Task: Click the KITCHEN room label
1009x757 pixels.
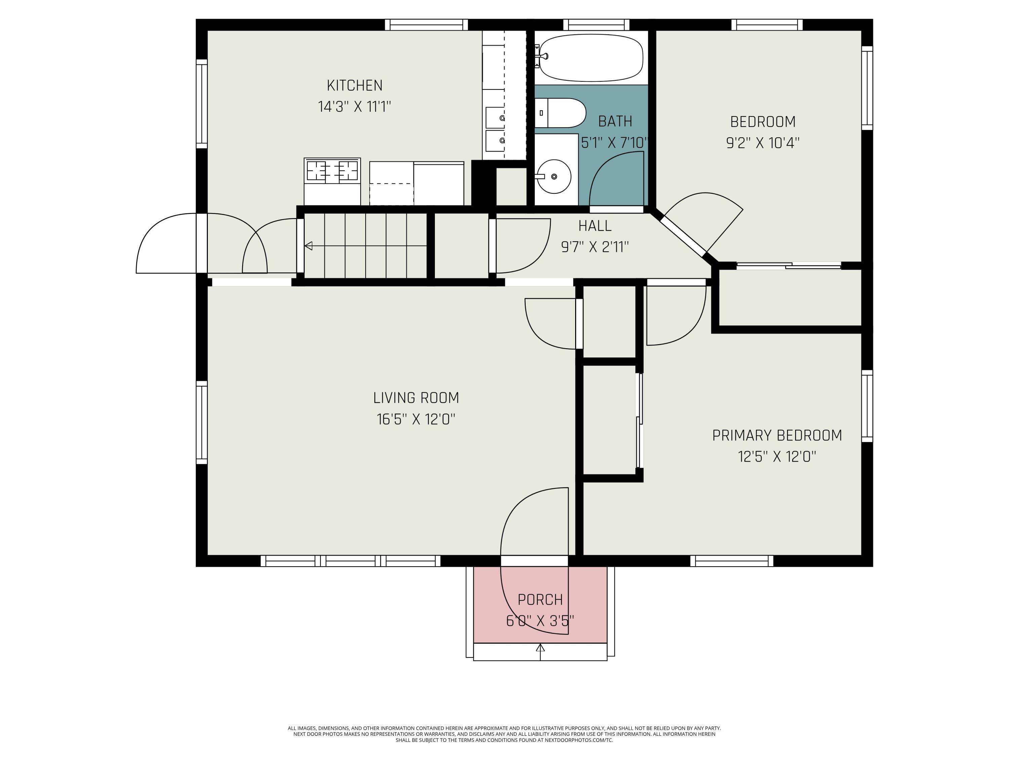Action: [354, 85]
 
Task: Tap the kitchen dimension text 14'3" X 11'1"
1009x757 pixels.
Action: [354, 107]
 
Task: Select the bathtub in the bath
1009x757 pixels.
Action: [591, 58]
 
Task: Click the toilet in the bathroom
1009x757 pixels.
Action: [560, 113]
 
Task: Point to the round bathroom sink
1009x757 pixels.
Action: [553, 177]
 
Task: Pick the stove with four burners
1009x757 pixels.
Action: [332, 182]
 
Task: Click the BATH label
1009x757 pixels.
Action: [615, 121]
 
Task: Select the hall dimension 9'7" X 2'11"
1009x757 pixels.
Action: [595, 247]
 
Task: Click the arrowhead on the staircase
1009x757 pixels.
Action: [308, 246]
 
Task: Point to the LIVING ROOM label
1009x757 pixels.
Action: [416, 398]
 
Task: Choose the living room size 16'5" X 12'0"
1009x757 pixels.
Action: [416, 419]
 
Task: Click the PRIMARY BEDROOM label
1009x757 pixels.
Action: [777, 435]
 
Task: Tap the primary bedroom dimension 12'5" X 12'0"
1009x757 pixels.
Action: [777, 457]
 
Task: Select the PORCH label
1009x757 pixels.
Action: [540, 600]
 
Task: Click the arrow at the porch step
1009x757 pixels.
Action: [540, 652]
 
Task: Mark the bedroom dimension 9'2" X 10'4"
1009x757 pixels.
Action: [763, 143]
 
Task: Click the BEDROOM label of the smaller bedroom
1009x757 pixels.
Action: [763, 122]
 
